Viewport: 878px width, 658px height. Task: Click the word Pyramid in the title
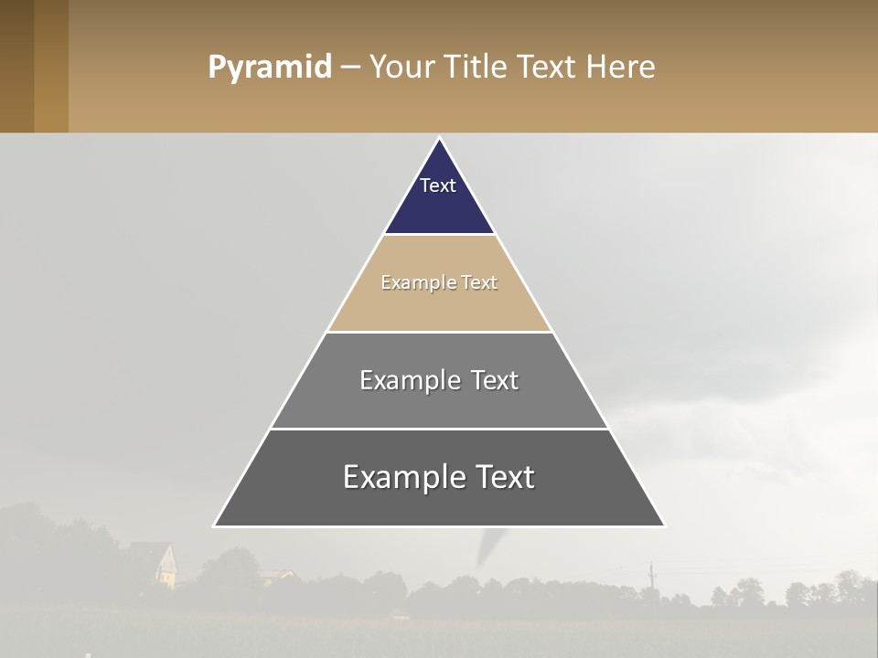(269, 68)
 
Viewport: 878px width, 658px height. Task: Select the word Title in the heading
(477, 68)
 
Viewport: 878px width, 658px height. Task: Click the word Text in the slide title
(548, 68)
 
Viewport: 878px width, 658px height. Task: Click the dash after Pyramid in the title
(349, 68)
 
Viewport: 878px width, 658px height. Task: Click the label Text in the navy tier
(438, 186)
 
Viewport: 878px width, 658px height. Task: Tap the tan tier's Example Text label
(439, 282)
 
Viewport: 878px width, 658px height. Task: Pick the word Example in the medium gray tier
(408, 380)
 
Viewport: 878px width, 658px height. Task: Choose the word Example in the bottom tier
(397, 477)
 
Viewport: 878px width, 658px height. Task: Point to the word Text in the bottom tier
(503, 477)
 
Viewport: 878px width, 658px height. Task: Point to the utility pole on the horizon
(651, 576)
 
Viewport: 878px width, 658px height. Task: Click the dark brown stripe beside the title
(16, 66)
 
